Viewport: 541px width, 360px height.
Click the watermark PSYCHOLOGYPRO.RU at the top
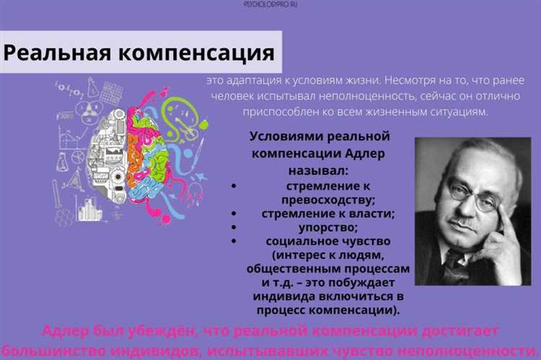[270, 4]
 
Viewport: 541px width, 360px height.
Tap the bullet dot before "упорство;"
[234, 227]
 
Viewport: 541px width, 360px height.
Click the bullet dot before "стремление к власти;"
[234, 214]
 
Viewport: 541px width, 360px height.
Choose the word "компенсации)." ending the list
[351, 310]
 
